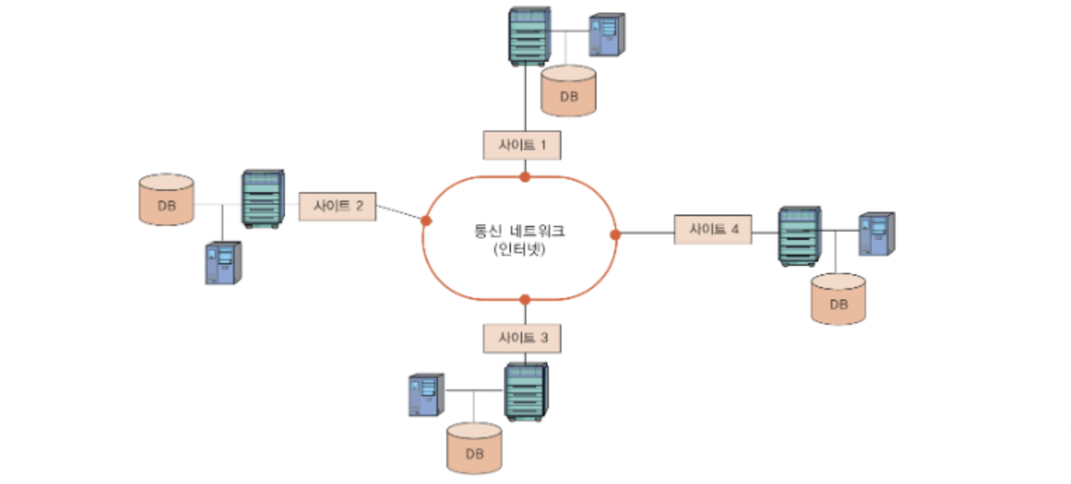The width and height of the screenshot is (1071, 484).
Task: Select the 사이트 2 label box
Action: coord(338,206)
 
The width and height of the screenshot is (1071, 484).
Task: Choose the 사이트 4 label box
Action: coord(712,229)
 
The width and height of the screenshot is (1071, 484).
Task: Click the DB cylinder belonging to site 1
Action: coord(568,90)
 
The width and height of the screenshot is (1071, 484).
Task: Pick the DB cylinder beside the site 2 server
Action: coord(166,199)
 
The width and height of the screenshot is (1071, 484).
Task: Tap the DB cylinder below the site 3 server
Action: coord(474,448)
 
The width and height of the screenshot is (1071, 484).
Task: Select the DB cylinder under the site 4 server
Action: coord(838,299)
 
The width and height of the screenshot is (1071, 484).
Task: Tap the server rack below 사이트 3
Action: coord(526,392)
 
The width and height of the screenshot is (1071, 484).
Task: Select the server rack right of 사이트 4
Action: coord(799,236)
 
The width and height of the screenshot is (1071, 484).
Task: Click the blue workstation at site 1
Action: coord(606,34)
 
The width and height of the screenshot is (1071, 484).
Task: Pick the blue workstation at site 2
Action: coord(223,262)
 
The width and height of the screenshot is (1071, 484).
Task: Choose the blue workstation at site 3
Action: coord(426,395)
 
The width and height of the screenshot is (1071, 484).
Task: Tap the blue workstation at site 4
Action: coord(877,234)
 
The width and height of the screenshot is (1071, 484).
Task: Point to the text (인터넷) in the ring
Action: coord(519,250)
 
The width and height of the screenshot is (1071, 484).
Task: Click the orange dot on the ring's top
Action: coord(524,177)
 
